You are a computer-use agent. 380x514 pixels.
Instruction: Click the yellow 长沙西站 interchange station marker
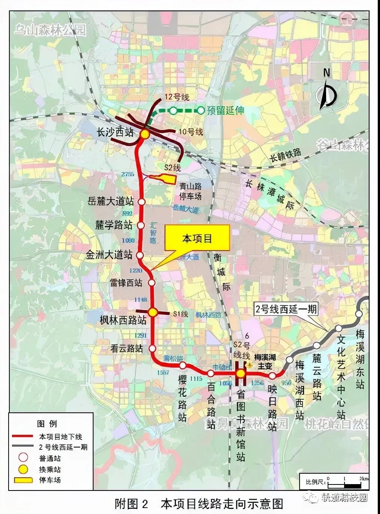[x=145, y=133]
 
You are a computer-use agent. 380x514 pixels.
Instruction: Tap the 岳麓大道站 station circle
[x=142, y=202]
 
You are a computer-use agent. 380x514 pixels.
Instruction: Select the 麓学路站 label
[x=114, y=225]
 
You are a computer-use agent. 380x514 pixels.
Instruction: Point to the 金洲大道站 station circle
[x=140, y=255]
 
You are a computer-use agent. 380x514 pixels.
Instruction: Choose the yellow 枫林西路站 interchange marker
[x=153, y=312]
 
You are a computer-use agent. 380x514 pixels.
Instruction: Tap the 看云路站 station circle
[x=152, y=349]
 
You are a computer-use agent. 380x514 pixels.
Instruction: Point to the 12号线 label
[x=177, y=97]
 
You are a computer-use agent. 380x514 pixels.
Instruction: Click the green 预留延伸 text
[x=226, y=111]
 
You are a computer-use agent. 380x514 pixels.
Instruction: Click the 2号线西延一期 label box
[x=286, y=309]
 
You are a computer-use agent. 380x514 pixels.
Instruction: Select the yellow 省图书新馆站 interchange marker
[x=241, y=374]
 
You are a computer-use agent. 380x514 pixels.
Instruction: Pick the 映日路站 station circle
[x=273, y=375]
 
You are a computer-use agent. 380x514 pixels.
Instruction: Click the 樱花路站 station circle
[x=183, y=365]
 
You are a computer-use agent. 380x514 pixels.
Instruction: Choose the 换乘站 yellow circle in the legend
[x=23, y=469]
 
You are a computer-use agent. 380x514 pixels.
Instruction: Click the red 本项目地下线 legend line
[x=23, y=436]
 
